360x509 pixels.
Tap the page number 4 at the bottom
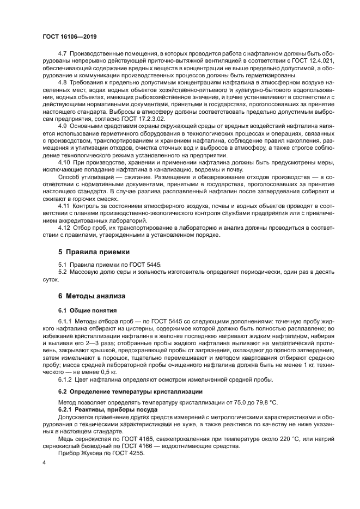44,462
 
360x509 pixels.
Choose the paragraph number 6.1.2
65,379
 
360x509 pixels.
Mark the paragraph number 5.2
63,271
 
